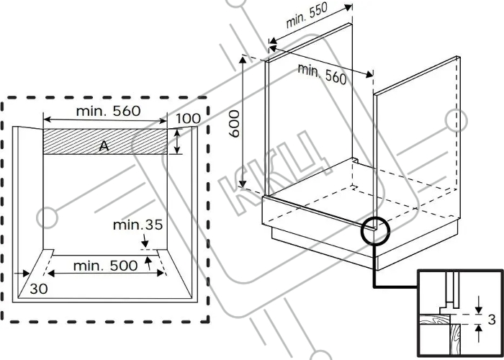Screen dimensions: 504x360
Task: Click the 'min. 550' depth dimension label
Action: point(306,15)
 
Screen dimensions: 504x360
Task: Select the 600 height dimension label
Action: point(235,124)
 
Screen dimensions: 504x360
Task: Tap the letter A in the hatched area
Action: point(104,146)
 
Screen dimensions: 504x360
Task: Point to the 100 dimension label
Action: point(188,119)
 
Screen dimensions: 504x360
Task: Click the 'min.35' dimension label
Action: point(138,225)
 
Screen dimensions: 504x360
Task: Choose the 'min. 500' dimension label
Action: point(105,266)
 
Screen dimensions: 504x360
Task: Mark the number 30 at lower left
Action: point(39,289)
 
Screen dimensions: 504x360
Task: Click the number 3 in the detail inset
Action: point(492,320)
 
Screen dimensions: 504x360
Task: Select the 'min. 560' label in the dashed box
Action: point(108,111)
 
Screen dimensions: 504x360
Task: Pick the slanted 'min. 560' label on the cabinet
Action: point(322,74)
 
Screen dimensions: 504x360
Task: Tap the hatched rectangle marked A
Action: point(105,141)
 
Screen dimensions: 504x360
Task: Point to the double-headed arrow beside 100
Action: point(177,141)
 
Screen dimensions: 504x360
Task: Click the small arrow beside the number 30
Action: point(22,274)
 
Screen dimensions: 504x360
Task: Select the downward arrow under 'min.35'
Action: point(145,240)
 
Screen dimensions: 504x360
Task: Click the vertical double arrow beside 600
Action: point(243,122)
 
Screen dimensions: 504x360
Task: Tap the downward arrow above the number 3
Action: point(479,305)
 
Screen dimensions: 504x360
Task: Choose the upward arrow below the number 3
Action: point(479,333)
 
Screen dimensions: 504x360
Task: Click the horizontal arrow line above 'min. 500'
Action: point(106,274)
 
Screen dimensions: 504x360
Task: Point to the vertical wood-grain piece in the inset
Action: point(455,339)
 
